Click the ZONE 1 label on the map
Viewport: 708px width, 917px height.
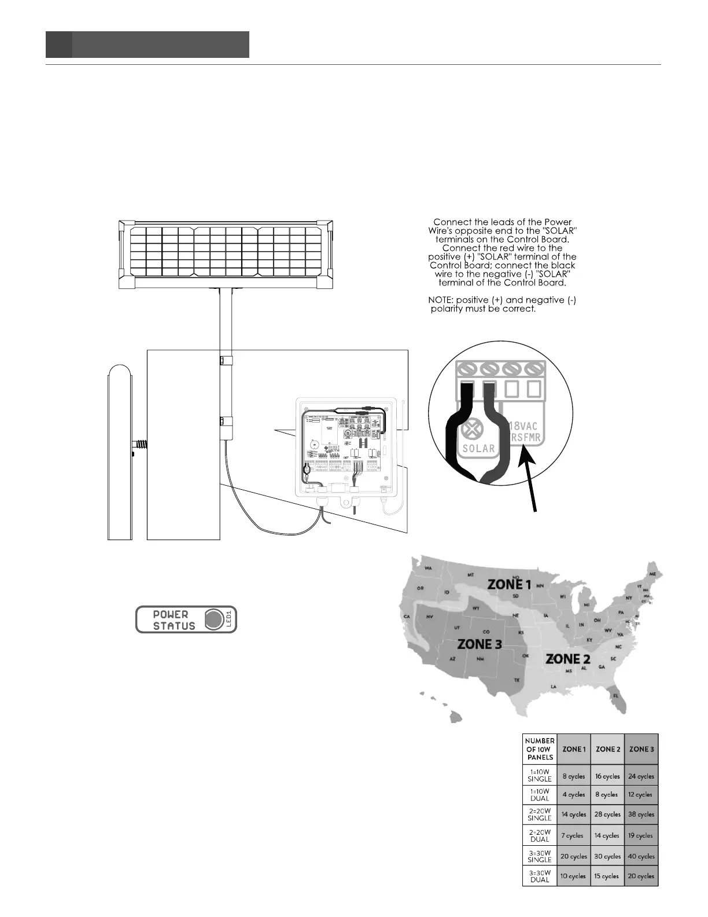point(509,584)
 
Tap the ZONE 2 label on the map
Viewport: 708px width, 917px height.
point(568,659)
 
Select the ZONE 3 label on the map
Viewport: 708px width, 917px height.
point(480,643)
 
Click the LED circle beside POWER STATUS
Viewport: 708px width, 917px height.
point(214,619)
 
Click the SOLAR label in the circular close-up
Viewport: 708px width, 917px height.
point(479,448)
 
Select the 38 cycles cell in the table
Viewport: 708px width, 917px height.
point(641,814)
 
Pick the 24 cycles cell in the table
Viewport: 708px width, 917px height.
point(641,776)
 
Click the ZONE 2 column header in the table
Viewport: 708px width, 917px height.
point(607,749)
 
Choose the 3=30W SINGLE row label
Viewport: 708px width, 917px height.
point(539,856)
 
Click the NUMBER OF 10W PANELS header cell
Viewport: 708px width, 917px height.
point(539,749)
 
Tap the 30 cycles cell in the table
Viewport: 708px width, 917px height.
point(607,856)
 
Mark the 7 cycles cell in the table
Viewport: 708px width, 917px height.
point(574,835)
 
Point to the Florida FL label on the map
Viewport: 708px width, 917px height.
point(616,695)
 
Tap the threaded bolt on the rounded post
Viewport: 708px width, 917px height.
point(141,446)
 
